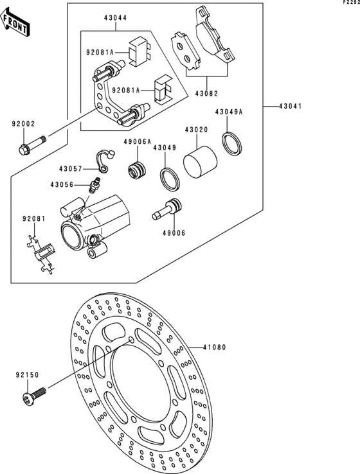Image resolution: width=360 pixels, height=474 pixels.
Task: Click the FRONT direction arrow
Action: tap(15, 22)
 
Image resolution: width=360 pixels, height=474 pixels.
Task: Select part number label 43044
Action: tap(116, 18)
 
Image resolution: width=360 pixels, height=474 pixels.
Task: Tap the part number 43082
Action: tap(206, 94)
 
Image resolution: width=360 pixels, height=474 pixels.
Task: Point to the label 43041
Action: tap(291, 107)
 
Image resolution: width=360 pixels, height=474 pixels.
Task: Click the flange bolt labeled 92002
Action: tap(32, 145)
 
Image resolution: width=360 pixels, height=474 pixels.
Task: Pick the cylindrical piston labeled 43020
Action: tap(201, 162)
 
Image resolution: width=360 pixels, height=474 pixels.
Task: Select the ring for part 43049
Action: tap(170, 180)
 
